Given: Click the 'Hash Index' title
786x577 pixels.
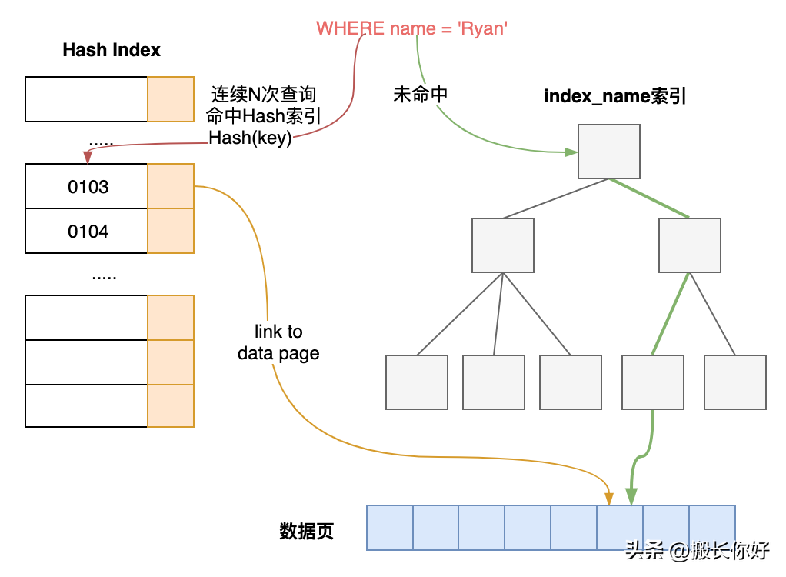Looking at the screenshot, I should click(x=112, y=51).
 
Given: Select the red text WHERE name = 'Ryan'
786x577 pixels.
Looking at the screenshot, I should click(x=412, y=28).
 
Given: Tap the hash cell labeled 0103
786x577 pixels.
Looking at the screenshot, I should click(x=87, y=186).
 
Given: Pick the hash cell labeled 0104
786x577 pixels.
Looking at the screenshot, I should click(x=87, y=231).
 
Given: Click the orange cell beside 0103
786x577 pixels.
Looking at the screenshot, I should click(x=171, y=186).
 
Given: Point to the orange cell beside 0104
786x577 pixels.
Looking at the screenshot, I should click(x=171, y=231).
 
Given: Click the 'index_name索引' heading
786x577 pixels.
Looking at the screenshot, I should click(x=614, y=96).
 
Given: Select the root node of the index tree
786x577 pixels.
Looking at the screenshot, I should click(x=609, y=152).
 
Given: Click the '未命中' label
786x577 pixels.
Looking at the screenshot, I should click(x=420, y=95).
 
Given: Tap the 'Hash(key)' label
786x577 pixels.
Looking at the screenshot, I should click(x=250, y=138).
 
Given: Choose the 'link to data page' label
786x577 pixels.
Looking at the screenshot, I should click(x=278, y=342).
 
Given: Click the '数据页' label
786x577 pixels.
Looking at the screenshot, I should click(x=306, y=532).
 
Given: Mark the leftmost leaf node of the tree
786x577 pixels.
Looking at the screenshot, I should click(x=417, y=382).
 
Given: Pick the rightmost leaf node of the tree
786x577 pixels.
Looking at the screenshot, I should click(x=735, y=382).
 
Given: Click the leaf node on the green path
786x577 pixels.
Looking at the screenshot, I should click(x=653, y=382).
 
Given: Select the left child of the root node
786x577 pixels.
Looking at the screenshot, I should click(x=503, y=245).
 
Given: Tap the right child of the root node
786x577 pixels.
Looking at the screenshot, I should click(x=690, y=245).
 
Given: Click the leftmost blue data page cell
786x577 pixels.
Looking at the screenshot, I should click(x=390, y=527).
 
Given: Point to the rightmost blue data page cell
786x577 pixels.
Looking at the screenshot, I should click(x=712, y=527).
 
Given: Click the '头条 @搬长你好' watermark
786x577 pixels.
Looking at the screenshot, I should click(x=697, y=551).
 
